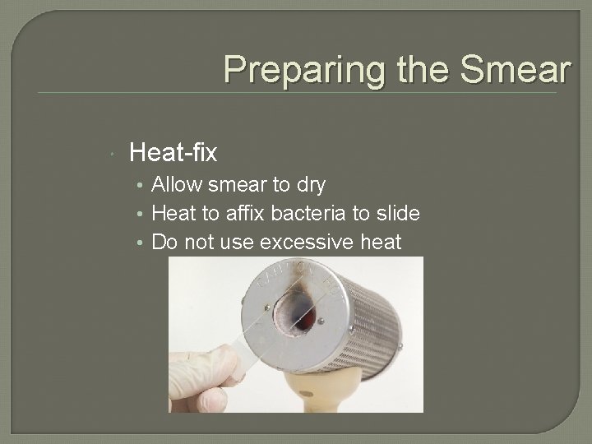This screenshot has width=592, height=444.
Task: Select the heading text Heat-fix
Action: point(173,152)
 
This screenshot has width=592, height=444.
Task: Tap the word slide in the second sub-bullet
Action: point(398,214)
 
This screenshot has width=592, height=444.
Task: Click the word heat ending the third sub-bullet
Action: point(381,243)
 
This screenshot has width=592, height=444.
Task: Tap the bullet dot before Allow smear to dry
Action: point(143,185)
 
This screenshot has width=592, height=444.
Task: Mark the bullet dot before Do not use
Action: point(143,243)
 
